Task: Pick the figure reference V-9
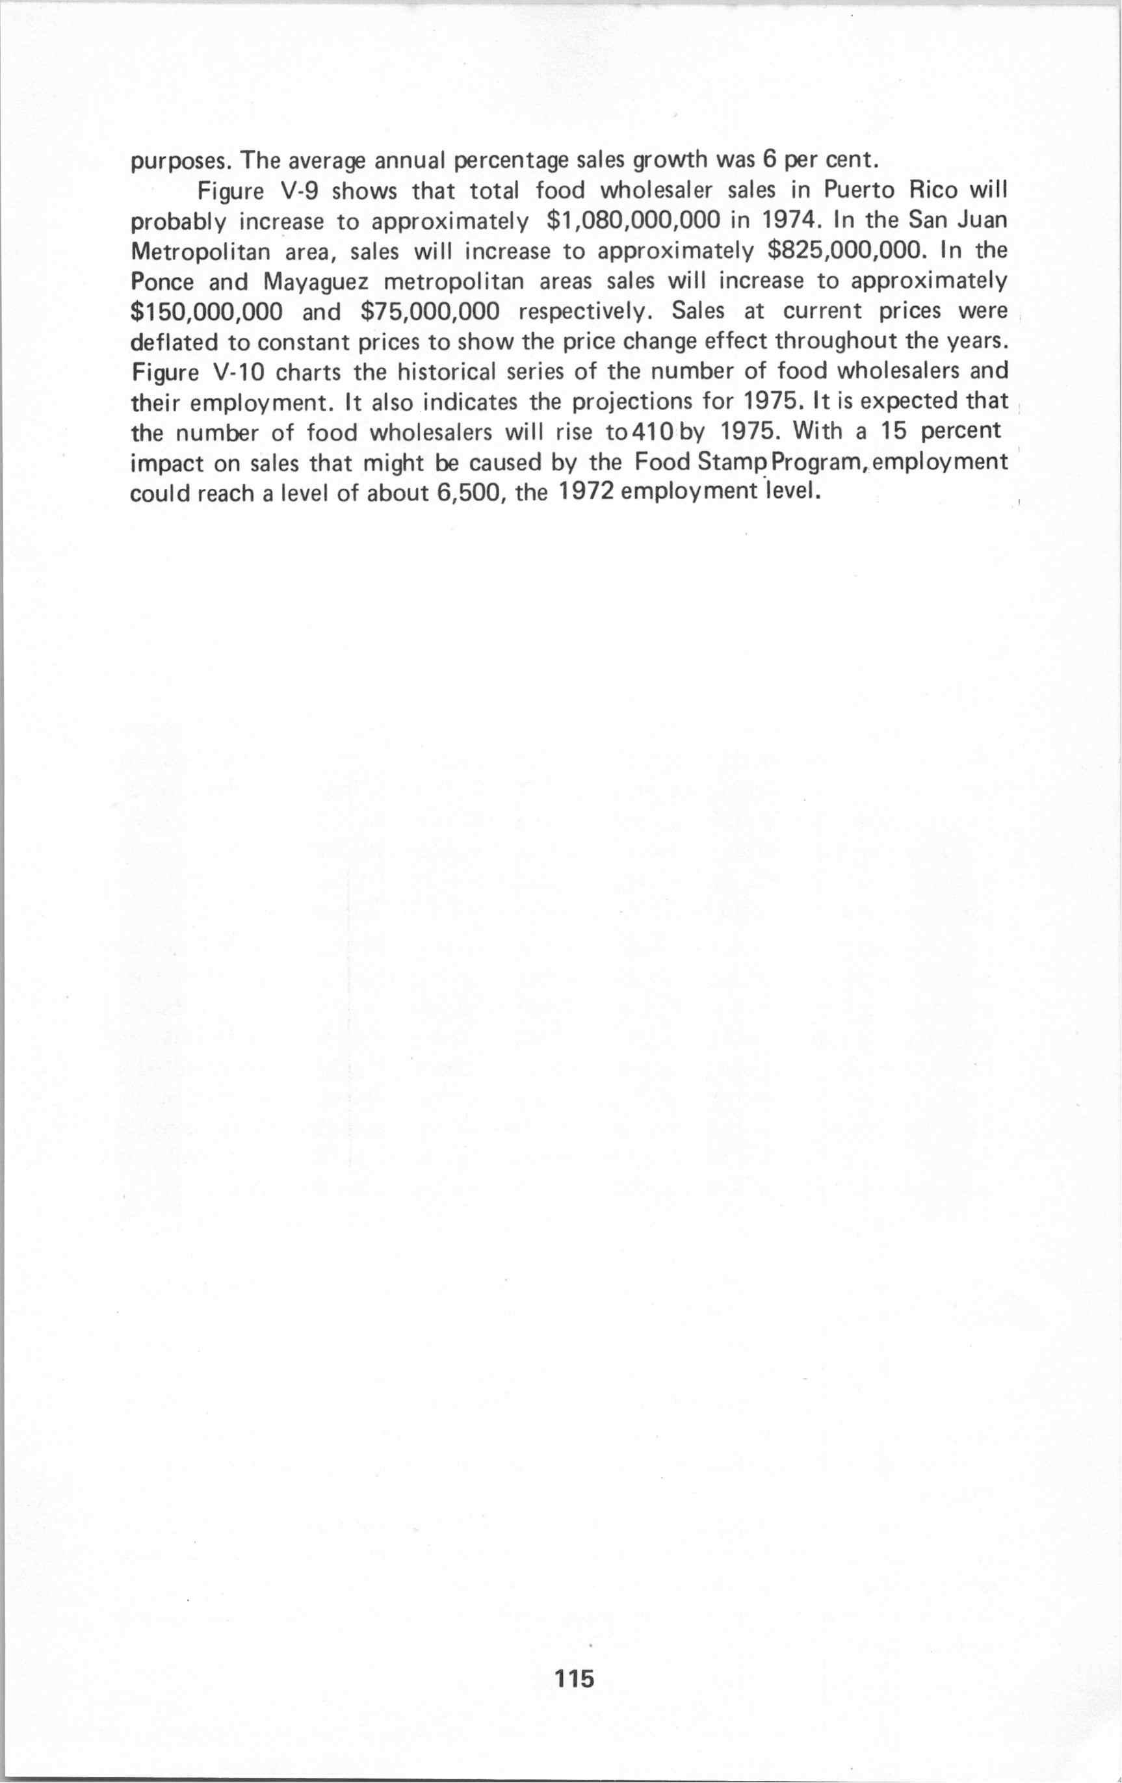[x=294, y=191]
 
